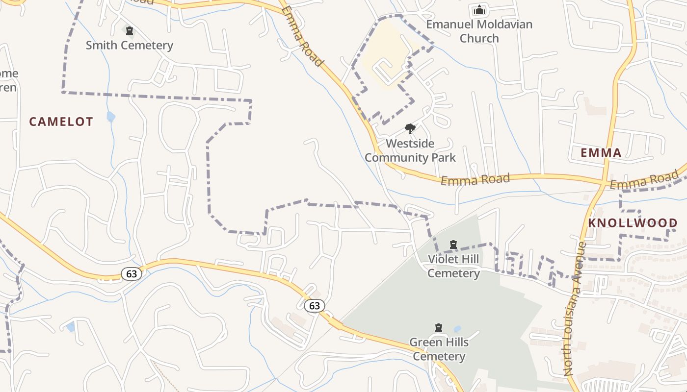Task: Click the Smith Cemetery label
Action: point(130,46)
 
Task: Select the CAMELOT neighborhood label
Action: point(61,122)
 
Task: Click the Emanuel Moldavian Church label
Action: point(479,31)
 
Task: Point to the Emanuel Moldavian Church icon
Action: point(479,10)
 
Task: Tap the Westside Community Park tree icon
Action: point(410,129)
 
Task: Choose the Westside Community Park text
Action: point(410,150)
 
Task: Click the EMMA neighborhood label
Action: point(601,152)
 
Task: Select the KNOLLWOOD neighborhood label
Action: point(633,223)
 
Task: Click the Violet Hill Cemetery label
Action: point(453,266)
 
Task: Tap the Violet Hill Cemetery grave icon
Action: point(453,244)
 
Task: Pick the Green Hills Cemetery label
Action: point(439,349)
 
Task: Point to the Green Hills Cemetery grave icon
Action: point(439,327)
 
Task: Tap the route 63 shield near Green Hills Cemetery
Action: point(314,306)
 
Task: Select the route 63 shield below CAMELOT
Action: point(132,273)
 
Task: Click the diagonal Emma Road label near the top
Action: point(303,36)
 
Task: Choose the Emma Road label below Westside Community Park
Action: point(475,179)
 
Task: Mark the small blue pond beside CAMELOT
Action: point(111,117)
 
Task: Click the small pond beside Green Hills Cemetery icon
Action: point(457,329)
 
